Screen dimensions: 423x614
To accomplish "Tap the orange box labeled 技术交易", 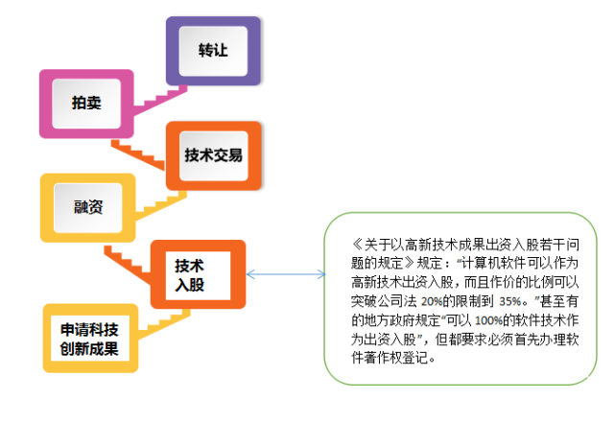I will (x=212, y=154).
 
